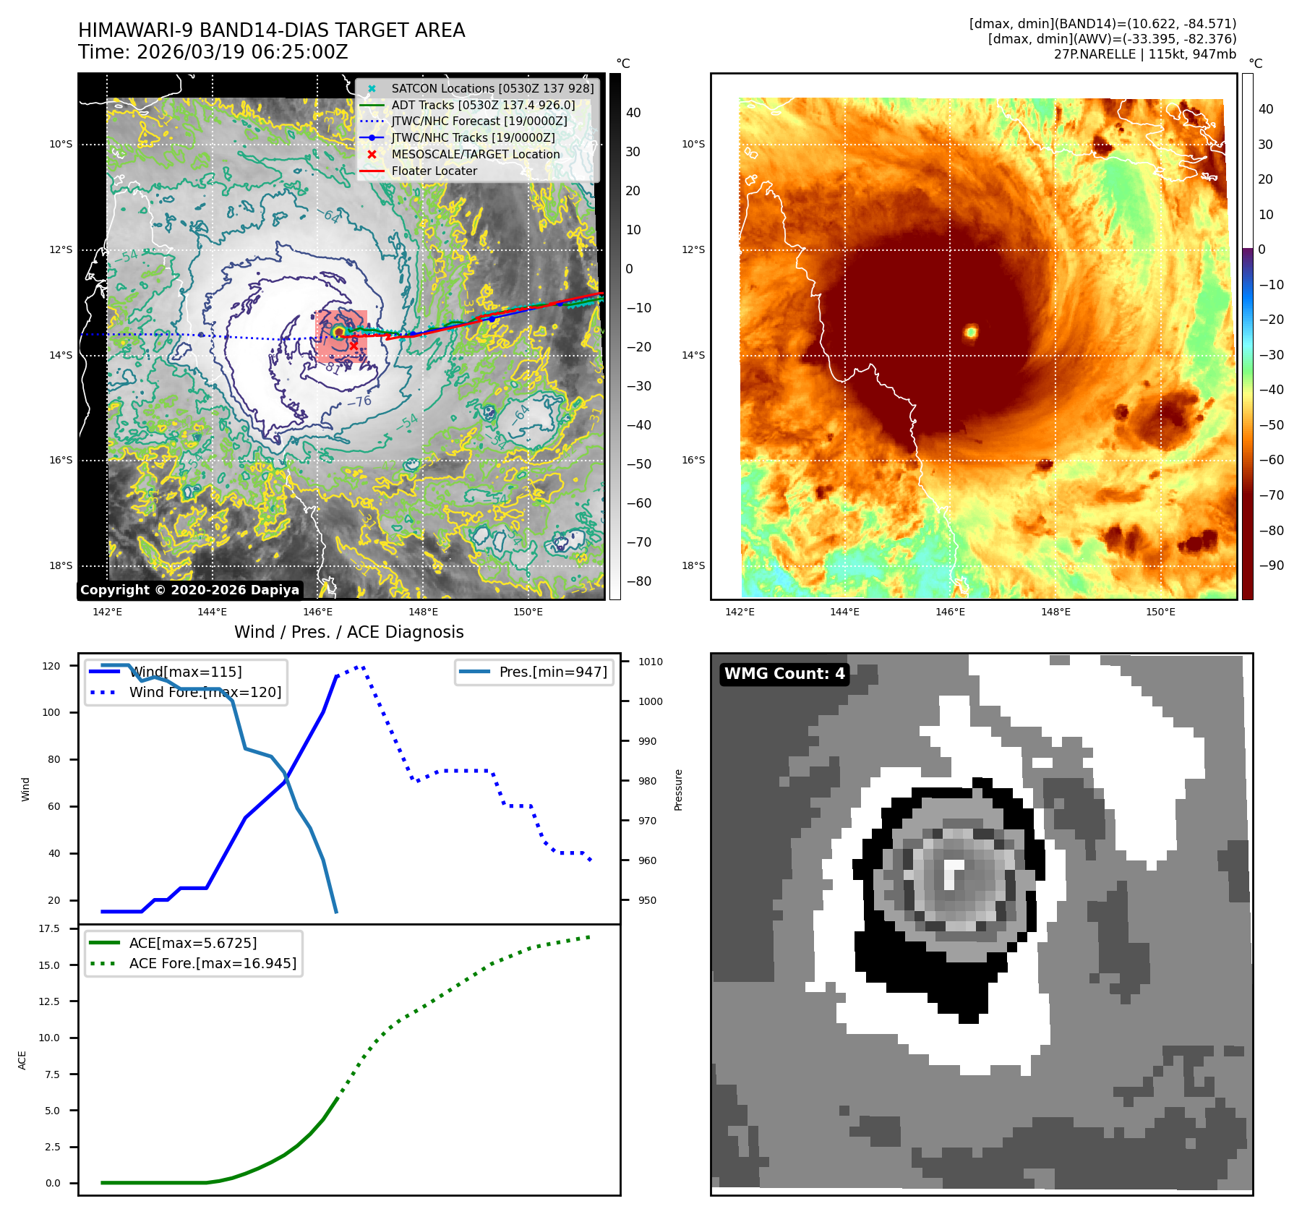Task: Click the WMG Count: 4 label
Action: point(784,674)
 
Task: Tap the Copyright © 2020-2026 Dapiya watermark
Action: point(189,590)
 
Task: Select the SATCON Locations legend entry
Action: point(492,88)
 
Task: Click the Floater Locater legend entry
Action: point(434,171)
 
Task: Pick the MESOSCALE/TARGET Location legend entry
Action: point(475,154)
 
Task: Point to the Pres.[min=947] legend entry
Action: point(552,672)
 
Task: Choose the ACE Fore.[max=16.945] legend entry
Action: point(213,963)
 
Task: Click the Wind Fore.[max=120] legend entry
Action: point(205,692)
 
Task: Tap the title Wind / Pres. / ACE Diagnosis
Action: point(348,632)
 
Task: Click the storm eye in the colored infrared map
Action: point(971,332)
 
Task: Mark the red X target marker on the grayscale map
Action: point(354,346)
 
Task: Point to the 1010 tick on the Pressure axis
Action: point(650,662)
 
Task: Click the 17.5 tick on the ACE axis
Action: point(49,928)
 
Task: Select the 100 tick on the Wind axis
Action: point(51,712)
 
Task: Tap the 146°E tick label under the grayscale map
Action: point(317,612)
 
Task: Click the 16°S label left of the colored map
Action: point(693,460)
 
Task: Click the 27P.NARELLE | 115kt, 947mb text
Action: point(1144,54)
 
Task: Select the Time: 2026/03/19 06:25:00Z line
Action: point(213,52)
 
